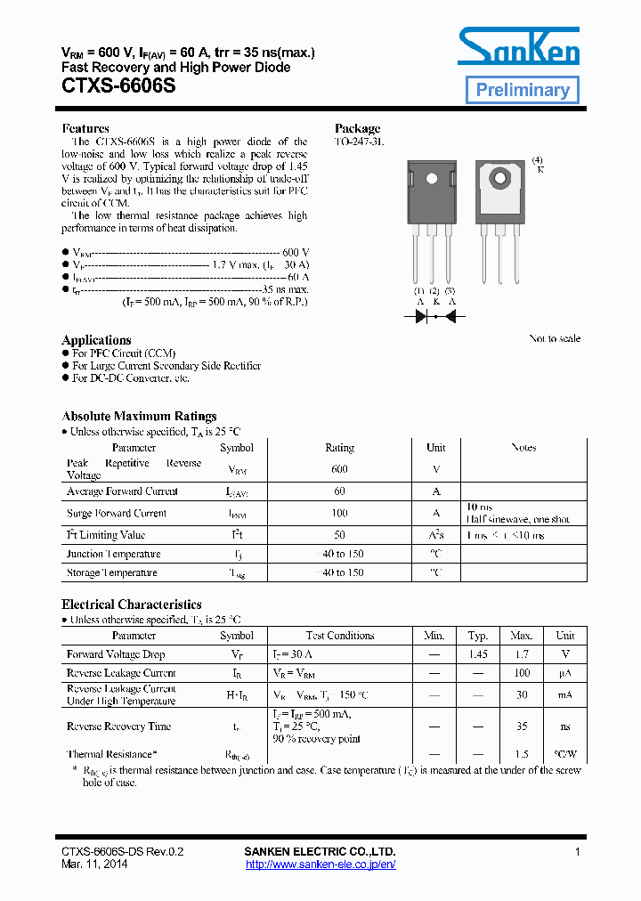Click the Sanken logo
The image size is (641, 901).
[519, 46]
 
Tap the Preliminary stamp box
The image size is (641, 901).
[523, 90]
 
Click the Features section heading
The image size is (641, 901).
[85, 128]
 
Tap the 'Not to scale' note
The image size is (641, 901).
[555, 338]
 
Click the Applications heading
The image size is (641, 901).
[96, 340]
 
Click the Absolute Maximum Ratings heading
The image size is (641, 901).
[139, 416]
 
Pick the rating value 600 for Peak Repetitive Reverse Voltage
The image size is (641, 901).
[339, 469]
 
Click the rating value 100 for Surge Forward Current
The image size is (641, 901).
[339, 513]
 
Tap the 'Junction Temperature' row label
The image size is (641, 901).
[111, 554]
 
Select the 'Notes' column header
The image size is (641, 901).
[523, 448]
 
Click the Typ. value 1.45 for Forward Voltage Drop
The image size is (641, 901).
[478, 654]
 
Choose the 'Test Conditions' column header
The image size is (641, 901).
[340, 636]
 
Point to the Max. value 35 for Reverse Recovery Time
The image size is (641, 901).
[522, 726]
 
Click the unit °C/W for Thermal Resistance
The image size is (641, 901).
[564, 754]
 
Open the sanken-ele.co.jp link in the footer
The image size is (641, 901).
[320, 864]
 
